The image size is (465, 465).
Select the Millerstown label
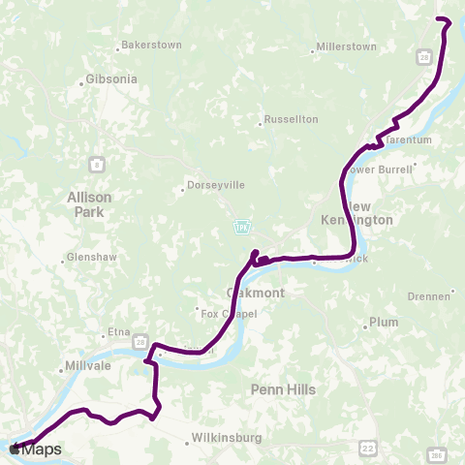pyautogui.click(x=347, y=46)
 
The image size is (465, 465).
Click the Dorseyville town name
pyautogui.click(x=215, y=183)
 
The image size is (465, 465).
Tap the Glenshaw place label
pyautogui.click(x=90, y=259)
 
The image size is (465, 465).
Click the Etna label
pyautogui.click(x=119, y=332)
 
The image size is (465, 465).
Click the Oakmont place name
pyautogui.click(x=255, y=292)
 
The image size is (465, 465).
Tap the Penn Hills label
pyautogui.click(x=277, y=388)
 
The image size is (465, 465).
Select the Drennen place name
pyautogui.click(x=429, y=295)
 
